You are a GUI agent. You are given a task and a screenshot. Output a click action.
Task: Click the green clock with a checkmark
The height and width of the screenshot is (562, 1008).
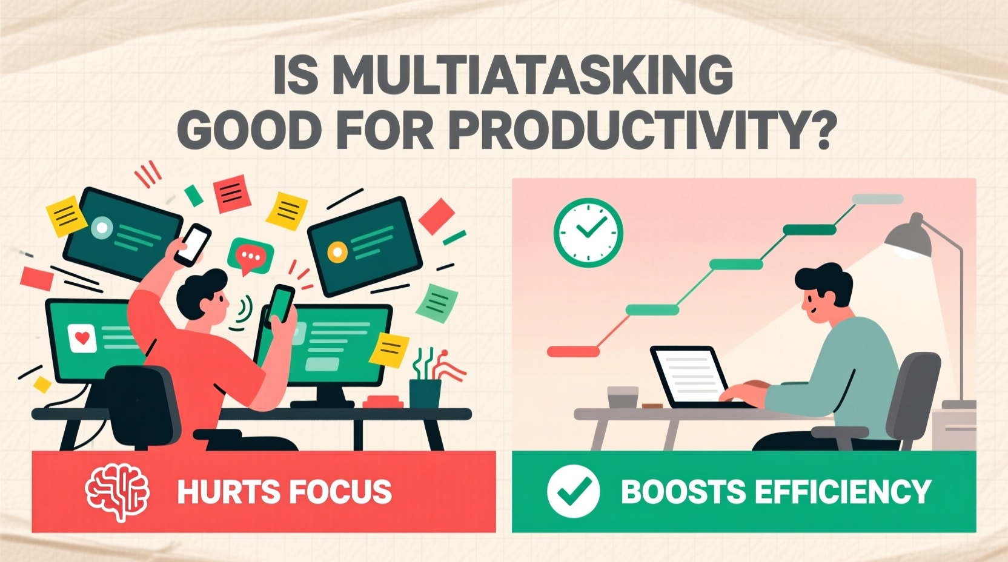click(x=588, y=233)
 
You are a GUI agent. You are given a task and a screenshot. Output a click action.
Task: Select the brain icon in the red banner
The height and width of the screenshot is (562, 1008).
click(x=118, y=492)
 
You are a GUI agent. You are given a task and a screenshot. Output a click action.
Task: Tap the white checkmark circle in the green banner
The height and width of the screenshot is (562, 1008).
click(x=573, y=491)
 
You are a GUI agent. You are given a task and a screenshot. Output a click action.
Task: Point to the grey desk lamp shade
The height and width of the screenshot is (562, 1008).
click(x=907, y=238)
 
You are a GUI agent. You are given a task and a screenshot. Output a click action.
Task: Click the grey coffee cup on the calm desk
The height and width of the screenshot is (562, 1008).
click(x=622, y=397)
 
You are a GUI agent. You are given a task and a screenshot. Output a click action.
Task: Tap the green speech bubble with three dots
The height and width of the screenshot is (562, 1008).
click(x=250, y=256)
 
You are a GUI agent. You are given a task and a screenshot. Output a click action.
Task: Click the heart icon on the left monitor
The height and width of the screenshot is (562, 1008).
click(x=82, y=337)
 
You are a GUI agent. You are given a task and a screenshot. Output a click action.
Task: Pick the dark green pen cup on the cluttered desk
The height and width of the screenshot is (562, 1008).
click(x=425, y=393)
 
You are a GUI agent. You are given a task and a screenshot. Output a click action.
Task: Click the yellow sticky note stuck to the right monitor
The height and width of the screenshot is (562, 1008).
click(x=389, y=349)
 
